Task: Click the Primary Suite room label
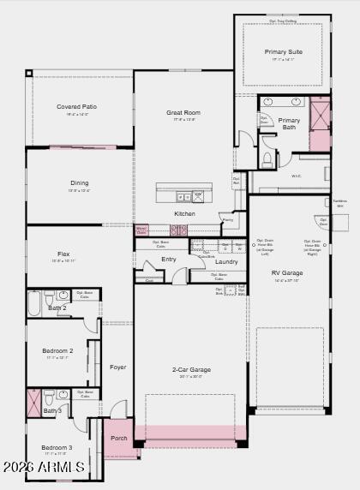tap(283, 52)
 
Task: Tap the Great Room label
tap(183, 112)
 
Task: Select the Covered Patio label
tap(77, 107)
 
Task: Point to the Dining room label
tap(79, 182)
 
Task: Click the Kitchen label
tap(184, 213)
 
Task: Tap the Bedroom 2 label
tap(57, 350)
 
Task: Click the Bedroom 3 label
tap(57, 447)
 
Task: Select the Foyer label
tap(118, 367)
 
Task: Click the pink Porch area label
tap(118, 438)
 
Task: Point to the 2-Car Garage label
tap(192, 370)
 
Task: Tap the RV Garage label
tap(287, 273)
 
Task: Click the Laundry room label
tap(226, 261)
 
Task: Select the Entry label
tap(169, 259)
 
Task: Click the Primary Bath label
tap(290, 124)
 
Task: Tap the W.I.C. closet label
tap(296, 176)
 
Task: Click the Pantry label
tap(227, 220)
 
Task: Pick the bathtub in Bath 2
tap(34, 304)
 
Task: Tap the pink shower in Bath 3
tap(34, 401)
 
